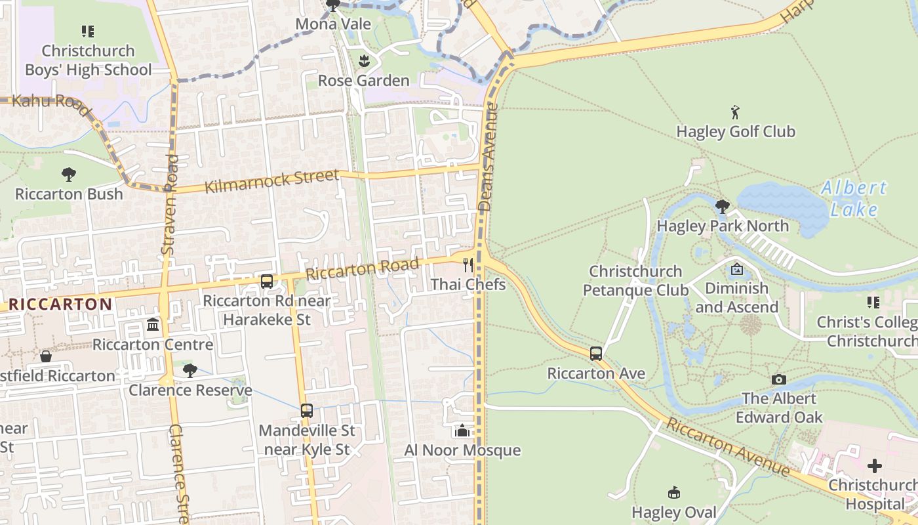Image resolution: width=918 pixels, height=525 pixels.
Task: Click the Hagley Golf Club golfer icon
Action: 735,112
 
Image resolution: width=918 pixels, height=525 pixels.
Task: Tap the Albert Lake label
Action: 853,198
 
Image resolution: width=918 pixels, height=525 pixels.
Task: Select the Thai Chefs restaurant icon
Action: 468,265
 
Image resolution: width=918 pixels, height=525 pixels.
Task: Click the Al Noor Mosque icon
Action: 462,431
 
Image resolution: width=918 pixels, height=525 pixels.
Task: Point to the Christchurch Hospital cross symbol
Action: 874,466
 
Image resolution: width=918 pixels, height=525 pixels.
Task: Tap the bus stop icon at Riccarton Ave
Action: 595,354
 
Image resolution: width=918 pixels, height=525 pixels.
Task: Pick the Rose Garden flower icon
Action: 364,62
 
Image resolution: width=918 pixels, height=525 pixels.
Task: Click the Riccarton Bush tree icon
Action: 69,175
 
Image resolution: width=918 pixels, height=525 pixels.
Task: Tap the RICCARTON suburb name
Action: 61,304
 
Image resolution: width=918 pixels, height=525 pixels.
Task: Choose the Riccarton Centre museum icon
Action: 153,325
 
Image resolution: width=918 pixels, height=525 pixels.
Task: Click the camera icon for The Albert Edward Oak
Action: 778,379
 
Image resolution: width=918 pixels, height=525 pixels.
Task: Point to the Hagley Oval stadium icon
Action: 673,493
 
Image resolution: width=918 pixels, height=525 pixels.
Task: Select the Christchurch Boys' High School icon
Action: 88,31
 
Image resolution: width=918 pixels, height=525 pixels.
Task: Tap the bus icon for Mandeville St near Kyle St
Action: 306,411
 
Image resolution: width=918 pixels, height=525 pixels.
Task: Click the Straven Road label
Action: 169,204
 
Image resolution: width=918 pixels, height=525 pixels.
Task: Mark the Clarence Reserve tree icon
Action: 190,371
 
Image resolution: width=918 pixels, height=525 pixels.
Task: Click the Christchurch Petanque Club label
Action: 635,280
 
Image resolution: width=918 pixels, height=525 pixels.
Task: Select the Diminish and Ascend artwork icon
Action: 736,269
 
